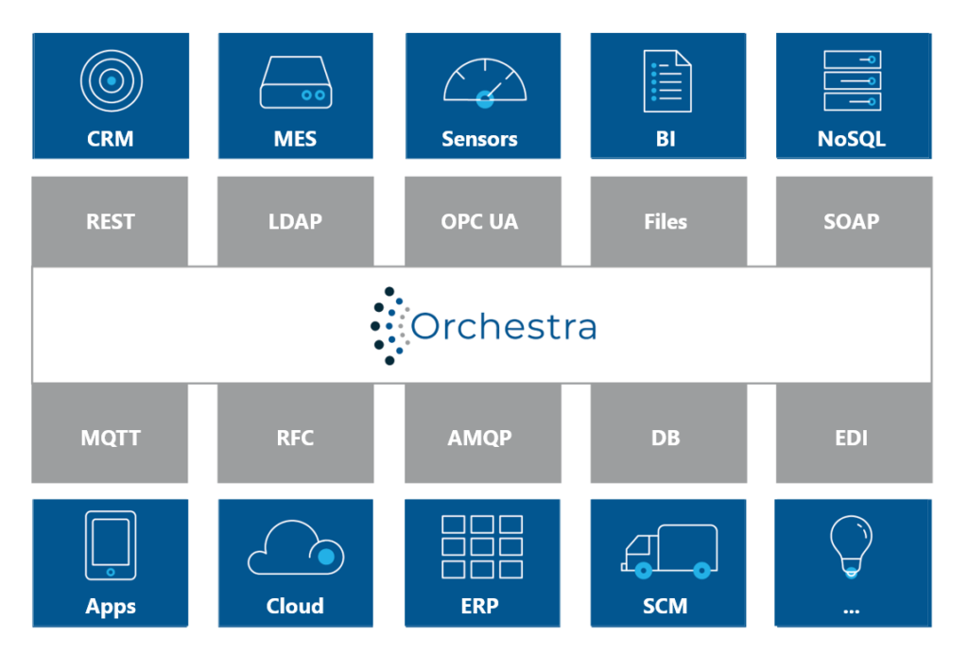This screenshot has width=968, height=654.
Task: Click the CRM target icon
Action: coord(112,81)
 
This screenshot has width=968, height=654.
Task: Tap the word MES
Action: coord(295,139)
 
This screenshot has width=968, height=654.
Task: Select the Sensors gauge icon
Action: coord(485,83)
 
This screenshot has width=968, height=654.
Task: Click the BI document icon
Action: coord(667,81)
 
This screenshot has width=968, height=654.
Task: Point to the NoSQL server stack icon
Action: coord(853,81)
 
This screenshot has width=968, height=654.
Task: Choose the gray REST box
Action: coord(110,221)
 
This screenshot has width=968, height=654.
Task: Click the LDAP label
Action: coord(295,221)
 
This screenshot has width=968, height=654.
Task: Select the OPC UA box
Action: coord(483,221)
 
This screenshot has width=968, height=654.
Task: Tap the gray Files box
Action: coord(668,221)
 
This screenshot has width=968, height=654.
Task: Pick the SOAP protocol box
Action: coord(854,221)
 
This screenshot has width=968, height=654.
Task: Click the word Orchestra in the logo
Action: coord(504,325)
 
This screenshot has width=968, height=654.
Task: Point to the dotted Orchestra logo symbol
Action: coord(389,326)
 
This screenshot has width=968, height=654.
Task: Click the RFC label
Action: coord(295,439)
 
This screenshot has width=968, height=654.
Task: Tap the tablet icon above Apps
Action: coord(112,545)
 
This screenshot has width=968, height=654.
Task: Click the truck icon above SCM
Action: coord(669,552)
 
